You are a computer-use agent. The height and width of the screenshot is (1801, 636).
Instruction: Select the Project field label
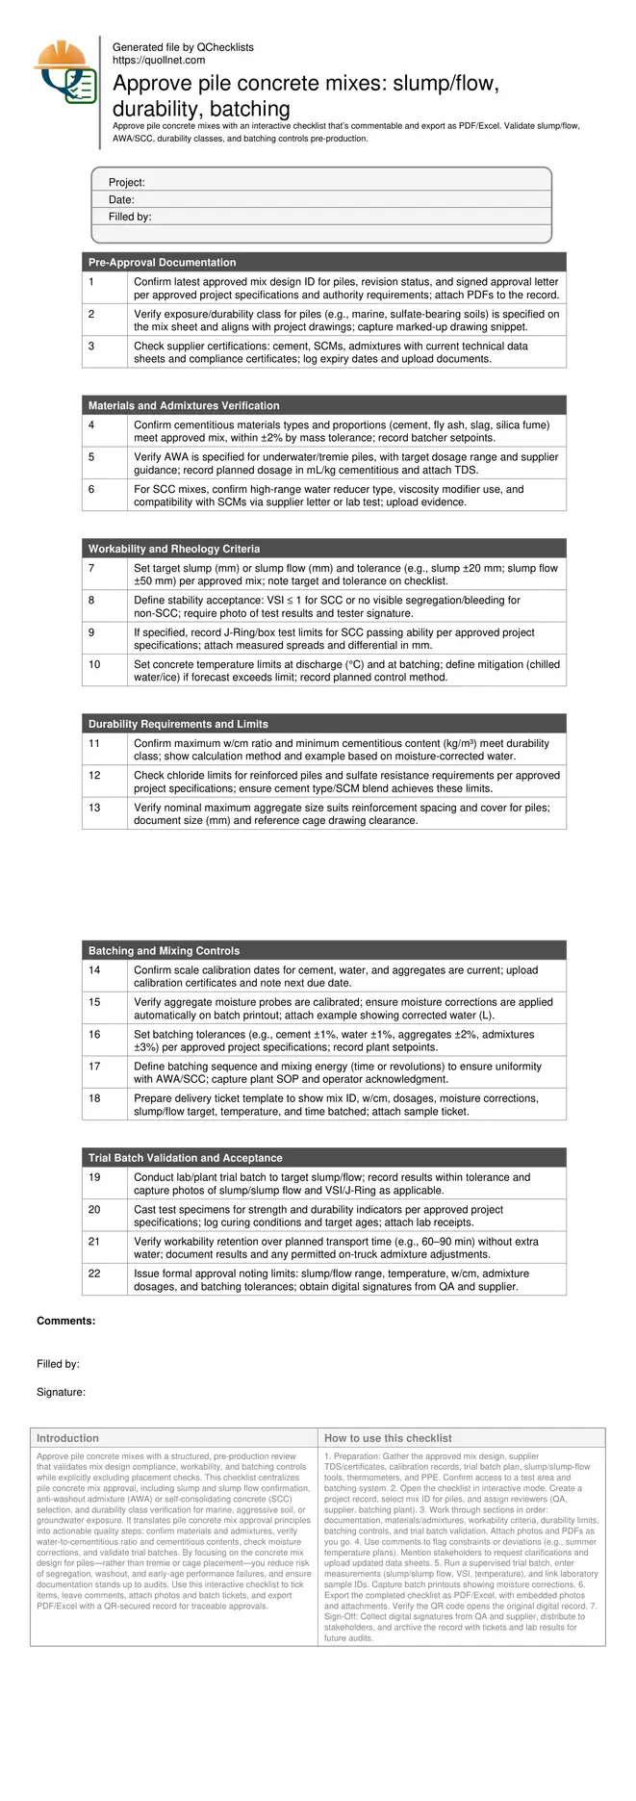pyautogui.click(x=126, y=183)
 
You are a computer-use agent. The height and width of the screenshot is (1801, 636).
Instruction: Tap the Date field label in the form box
pyautogui.click(x=121, y=200)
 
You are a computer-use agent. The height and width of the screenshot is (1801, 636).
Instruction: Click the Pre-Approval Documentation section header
pyautogui.click(x=162, y=262)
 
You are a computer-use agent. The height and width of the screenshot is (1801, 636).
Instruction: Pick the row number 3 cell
pyautogui.click(x=91, y=346)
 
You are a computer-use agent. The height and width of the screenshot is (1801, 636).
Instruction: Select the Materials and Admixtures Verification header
pyautogui.click(x=184, y=405)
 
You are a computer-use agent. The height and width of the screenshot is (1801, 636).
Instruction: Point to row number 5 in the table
pyautogui.click(x=91, y=457)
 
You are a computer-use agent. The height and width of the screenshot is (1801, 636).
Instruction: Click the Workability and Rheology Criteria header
pyautogui.click(x=174, y=549)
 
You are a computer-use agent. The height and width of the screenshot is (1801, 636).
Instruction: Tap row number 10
pyautogui.click(x=94, y=664)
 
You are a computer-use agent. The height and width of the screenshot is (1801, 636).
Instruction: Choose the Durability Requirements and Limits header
pyautogui.click(x=178, y=724)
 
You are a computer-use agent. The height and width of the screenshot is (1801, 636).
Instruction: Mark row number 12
pyautogui.click(x=94, y=775)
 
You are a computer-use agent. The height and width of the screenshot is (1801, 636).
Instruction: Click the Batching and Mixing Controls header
pyautogui.click(x=164, y=950)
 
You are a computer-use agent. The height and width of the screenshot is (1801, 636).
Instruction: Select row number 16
pyautogui.click(x=94, y=1034)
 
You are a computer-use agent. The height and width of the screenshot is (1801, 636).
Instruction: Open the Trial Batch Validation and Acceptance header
pyautogui.click(x=185, y=1158)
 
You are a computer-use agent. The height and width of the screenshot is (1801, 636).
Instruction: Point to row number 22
pyautogui.click(x=94, y=1274)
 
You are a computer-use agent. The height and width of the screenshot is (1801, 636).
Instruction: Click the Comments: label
pyautogui.click(x=65, y=1321)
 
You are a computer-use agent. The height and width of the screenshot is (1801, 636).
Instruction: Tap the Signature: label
pyautogui.click(x=61, y=1392)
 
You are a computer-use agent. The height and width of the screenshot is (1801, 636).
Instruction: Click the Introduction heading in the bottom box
pyautogui.click(x=67, y=1438)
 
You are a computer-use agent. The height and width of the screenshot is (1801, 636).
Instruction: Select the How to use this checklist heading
pyautogui.click(x=388, y=1438)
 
